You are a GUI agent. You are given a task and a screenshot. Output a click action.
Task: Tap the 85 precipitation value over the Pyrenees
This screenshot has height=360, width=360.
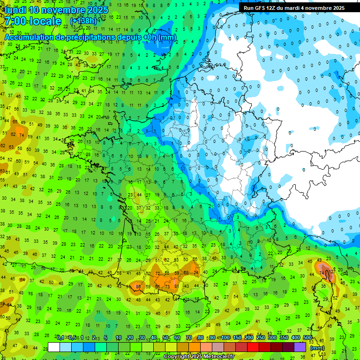[138, 286]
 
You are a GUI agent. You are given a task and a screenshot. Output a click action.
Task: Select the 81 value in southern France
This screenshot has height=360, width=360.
[176, 286]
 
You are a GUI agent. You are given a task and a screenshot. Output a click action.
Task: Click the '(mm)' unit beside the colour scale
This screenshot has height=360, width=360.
[317, 348]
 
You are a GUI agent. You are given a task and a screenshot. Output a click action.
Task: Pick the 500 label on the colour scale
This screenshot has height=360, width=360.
[307, 337]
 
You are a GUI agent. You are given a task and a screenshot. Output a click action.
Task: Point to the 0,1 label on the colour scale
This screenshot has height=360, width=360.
[60, 337]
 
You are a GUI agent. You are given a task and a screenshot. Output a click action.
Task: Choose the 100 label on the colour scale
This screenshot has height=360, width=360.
[225, 337]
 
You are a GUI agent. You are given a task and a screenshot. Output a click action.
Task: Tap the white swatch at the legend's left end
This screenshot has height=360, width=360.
[54, 347]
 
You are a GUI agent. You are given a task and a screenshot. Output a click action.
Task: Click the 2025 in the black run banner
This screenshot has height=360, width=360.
[336, 8]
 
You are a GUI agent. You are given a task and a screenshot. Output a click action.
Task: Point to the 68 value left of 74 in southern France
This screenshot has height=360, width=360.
[186, 273]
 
